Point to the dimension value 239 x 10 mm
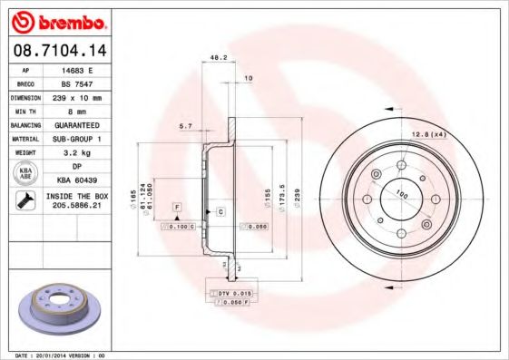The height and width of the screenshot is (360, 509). point(75,97)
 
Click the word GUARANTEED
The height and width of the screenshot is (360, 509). point(75,124)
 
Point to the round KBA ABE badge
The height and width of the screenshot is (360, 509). point(24,174)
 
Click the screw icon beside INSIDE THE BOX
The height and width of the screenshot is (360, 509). point(24,201)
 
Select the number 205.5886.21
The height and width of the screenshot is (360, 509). point(75,208)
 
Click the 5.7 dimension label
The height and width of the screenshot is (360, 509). point(185,127)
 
